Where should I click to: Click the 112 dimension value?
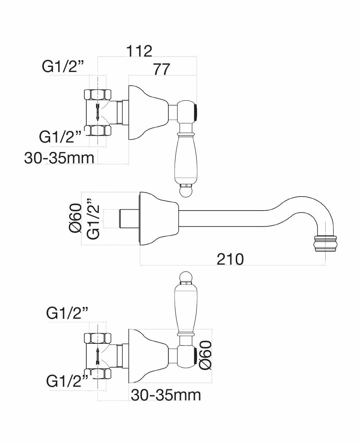pos(139,51)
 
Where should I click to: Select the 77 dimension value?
pos(161,69)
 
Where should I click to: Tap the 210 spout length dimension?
pos(230,259)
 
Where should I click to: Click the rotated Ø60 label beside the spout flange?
pos(76,219)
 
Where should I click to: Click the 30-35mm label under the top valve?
pos(59,158)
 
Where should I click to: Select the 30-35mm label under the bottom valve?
pos(165,395)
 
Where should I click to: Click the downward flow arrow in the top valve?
pos(97,112)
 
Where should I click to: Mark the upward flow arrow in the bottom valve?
pos(97,356)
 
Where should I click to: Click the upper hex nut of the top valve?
pos(97,95)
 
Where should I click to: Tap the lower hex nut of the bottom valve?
pos(97,374)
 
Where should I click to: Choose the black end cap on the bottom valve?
pos(196,356)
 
